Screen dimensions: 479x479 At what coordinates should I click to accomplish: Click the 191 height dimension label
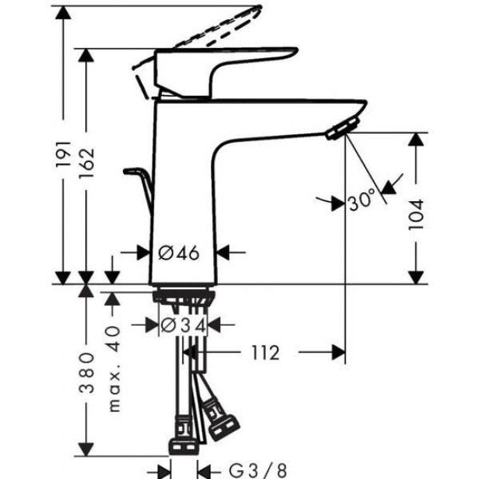(64, 154)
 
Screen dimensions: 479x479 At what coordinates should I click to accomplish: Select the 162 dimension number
(86, 163)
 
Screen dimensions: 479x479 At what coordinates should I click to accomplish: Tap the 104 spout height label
(417, 215)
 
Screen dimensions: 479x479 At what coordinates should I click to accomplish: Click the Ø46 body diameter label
(179, 253)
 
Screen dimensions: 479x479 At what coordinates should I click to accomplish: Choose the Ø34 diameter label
(184, 326)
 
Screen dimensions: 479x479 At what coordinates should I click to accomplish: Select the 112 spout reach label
(266, 353)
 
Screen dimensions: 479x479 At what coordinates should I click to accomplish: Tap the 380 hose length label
(86, 373)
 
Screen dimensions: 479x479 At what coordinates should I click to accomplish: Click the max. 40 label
(114, 369)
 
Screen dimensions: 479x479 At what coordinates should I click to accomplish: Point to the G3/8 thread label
(258, 470)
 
